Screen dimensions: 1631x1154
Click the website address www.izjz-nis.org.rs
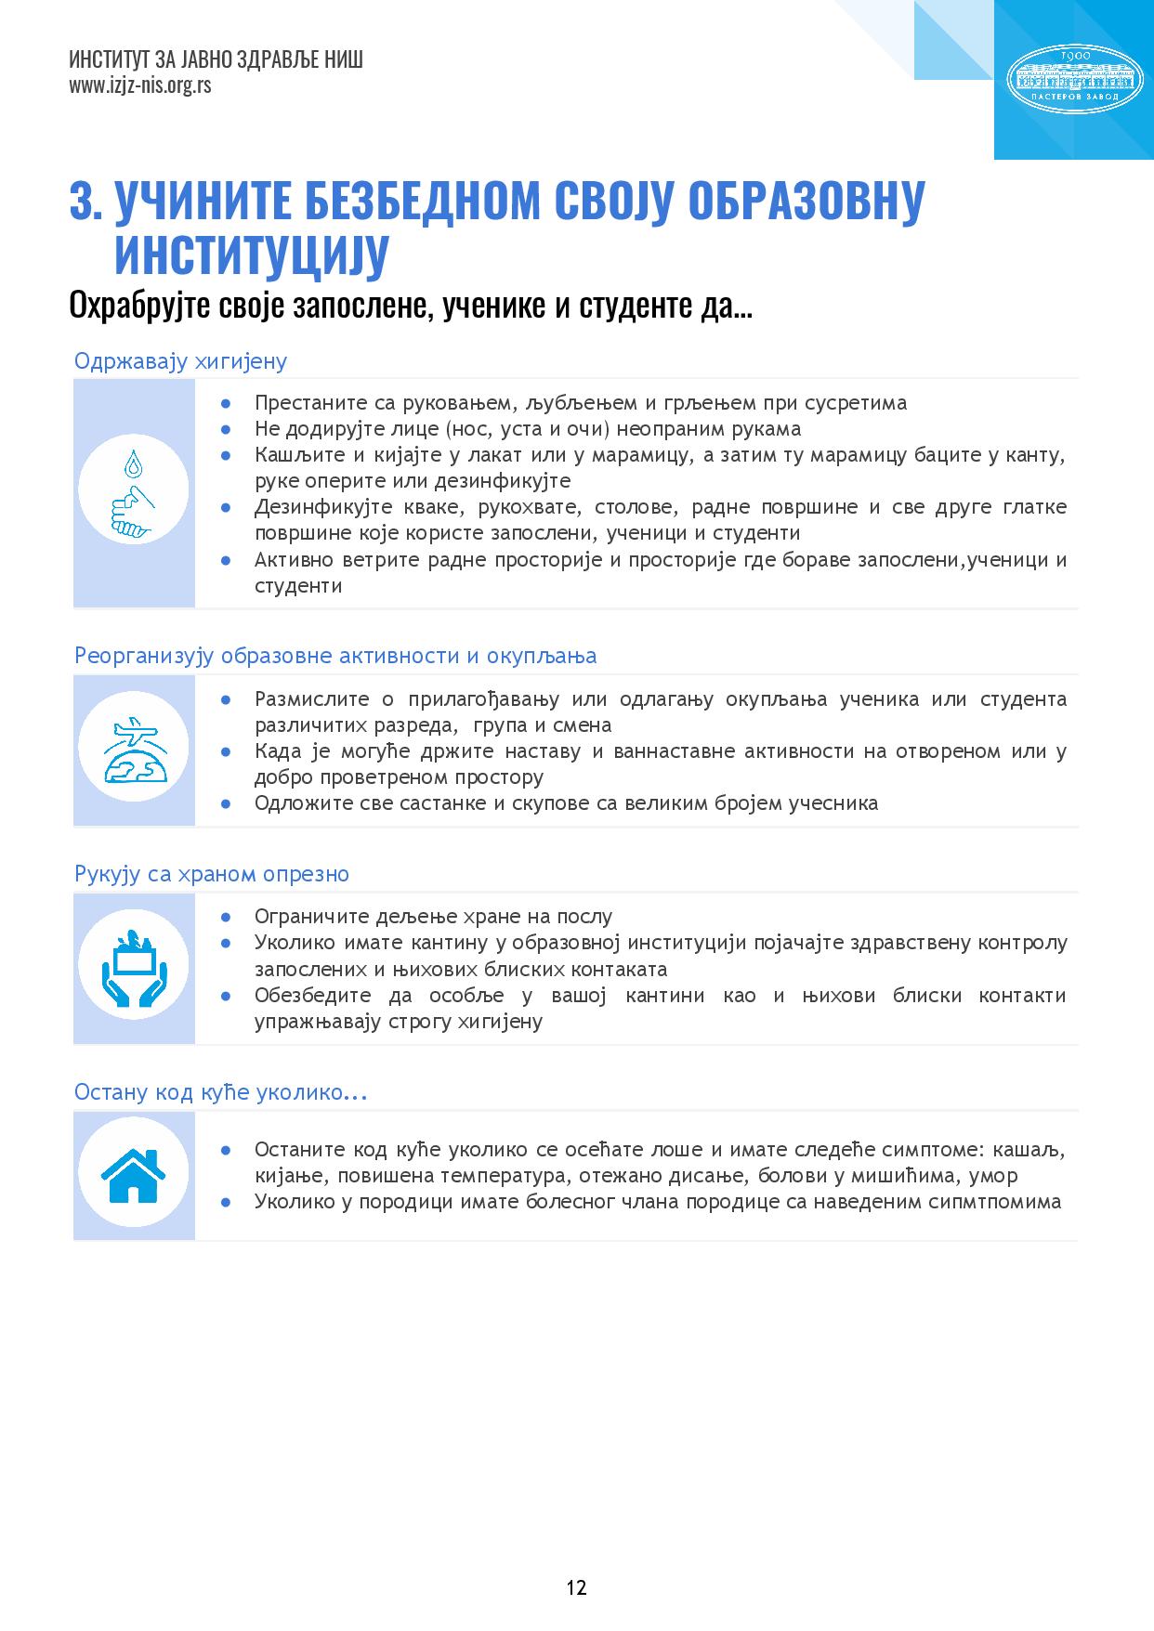(139, 85)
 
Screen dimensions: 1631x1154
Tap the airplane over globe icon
(134, 750)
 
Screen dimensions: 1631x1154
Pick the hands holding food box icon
(134, 967)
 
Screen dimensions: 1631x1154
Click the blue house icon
(134, 1175)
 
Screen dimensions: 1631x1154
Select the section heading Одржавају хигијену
(180, 360)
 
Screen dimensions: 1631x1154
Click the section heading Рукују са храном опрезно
(212, 874)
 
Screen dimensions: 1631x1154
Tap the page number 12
(576, 1587)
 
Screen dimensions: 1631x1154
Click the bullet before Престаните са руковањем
(226, 403)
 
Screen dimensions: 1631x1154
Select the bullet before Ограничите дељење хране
(226, 918)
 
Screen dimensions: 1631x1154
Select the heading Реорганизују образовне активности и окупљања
(335, 656)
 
